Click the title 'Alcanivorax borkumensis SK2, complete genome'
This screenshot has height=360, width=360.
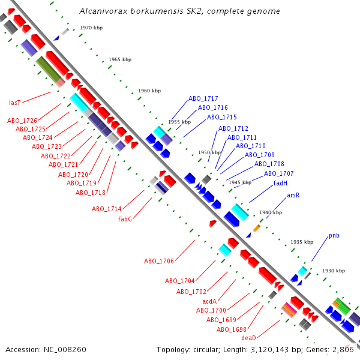(179, 11)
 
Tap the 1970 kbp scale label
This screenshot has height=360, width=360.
(91, 28)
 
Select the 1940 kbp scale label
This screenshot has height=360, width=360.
(270, 213)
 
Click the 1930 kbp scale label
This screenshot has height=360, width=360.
(333, 271)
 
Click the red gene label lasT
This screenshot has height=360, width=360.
(15, 103)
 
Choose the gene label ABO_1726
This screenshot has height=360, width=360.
(22, 121)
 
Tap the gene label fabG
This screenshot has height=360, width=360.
(125, 219)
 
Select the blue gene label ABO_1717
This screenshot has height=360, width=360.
(203, 98)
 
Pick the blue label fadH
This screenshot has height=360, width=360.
(280, 184)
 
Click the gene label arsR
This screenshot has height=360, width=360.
(293, 196)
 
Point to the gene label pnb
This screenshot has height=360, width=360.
(334, 235)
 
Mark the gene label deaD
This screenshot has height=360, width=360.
(248, 338)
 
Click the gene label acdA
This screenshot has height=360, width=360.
(209, 301)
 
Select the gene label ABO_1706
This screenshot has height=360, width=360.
(159, 262)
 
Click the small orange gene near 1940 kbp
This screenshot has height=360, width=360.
(257, 228)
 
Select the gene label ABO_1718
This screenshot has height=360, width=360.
(91, 193)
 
